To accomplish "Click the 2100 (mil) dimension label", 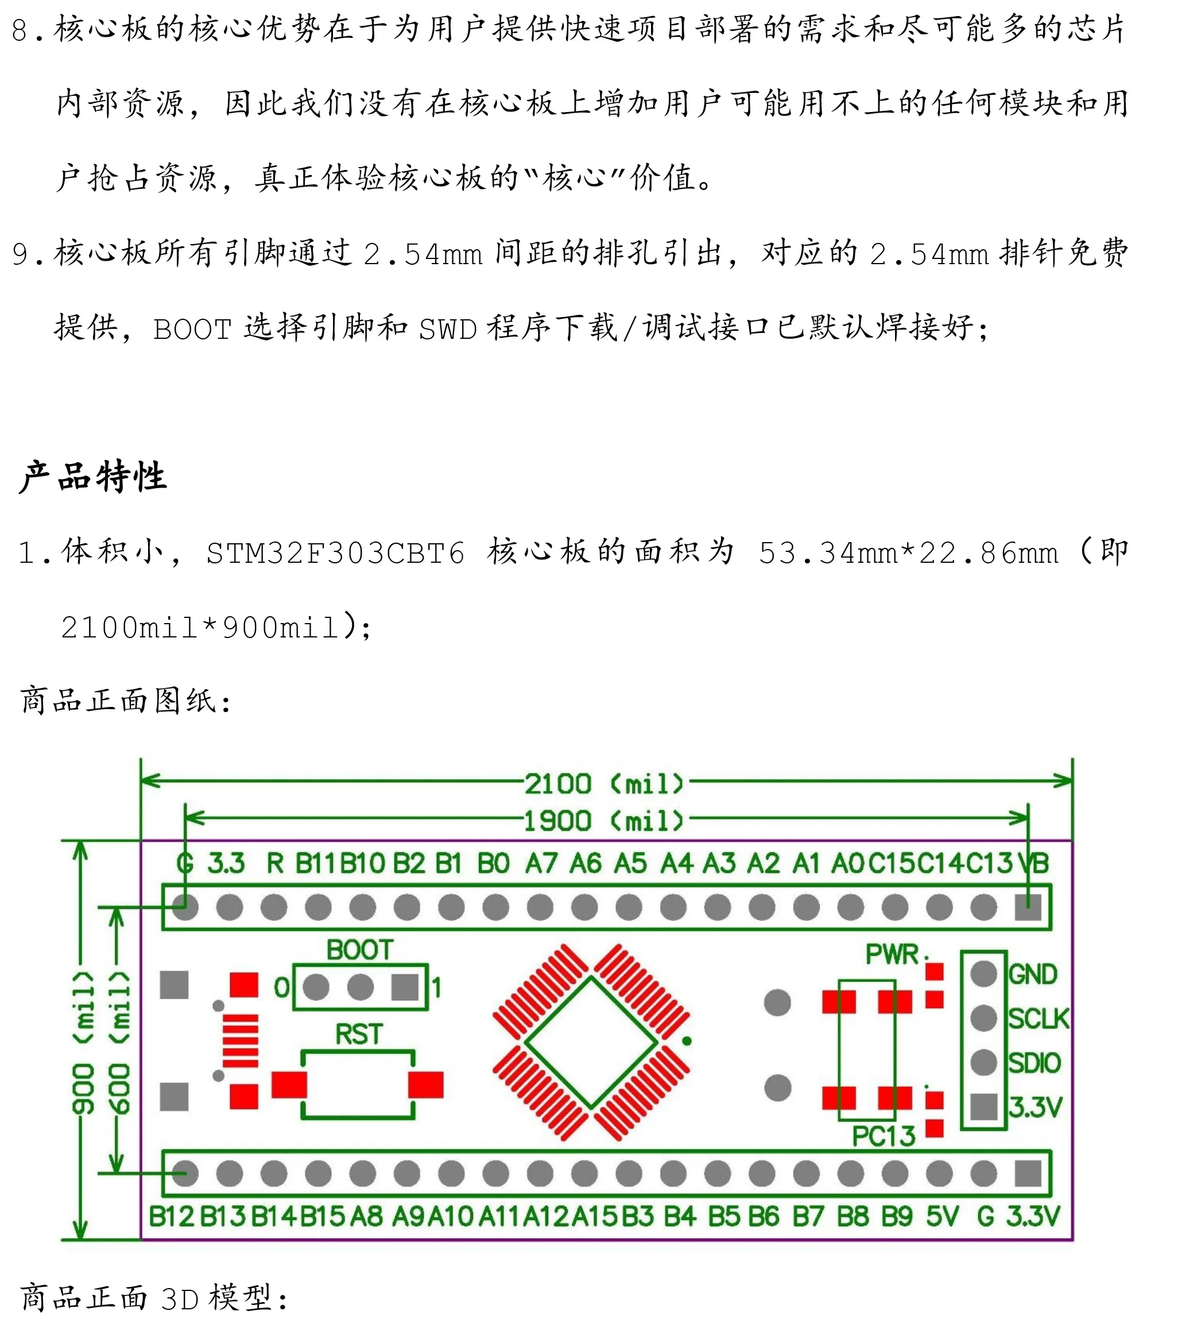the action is (603, 784).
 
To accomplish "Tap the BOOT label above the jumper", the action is (359, 950).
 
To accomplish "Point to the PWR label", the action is (892, 954).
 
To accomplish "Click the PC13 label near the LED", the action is (883, 1136).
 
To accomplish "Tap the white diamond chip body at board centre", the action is (591, 1042).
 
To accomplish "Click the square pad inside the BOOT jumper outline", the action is (404, 988).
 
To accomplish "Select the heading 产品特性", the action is (92, 476).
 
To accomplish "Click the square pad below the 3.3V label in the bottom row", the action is (1028, 1174).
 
